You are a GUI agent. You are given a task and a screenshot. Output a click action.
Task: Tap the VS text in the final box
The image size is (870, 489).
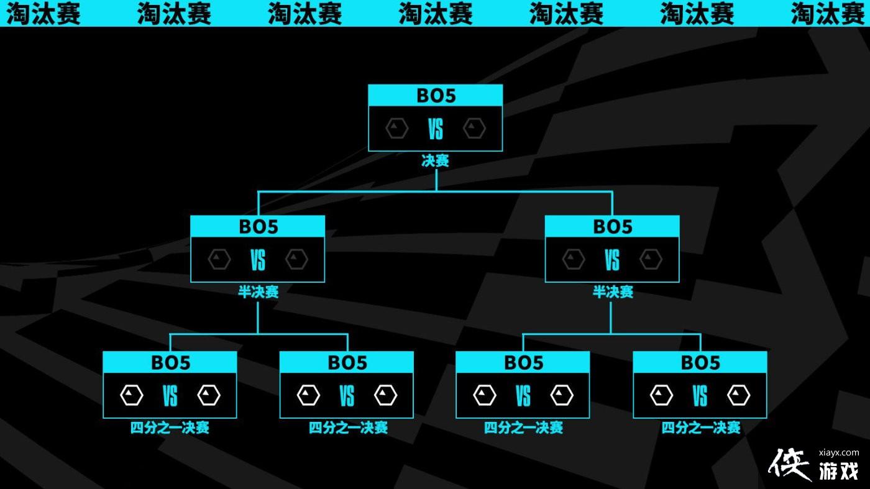pos(435,129)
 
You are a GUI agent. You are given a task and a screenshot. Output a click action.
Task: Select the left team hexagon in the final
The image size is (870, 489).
pos(396,129)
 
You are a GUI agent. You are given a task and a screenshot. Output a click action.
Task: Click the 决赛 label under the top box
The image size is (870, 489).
pos(435,161)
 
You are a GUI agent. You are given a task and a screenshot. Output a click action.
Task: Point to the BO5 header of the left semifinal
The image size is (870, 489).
pos(257,226)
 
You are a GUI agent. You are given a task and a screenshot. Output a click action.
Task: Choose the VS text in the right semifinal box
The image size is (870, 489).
pos(612,260)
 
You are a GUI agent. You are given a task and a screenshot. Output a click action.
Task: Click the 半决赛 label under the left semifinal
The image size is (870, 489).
pos(258,292)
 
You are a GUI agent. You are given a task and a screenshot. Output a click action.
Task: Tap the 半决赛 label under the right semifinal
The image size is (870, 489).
pos(613,292)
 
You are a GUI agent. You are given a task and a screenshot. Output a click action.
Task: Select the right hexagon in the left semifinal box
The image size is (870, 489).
pos(296,260)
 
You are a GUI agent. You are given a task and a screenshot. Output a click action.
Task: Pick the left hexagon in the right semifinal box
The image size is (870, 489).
pos(574,260)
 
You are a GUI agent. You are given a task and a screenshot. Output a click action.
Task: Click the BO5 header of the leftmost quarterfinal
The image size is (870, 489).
pos(170,362)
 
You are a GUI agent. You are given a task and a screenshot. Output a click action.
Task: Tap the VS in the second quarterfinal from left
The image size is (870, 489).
pos(346,395)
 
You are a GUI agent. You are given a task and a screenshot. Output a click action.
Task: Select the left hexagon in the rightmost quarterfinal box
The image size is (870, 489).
pos(661,395)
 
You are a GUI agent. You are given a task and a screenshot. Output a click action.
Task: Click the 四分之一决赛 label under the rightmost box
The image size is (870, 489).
pos(700,427)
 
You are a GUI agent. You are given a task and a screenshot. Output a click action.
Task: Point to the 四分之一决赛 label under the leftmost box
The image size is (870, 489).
pos(170,427)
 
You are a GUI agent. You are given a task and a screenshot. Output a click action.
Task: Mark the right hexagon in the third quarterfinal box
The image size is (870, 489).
pos(562,395)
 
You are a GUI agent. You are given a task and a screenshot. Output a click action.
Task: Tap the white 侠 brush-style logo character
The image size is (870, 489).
pos(790,464)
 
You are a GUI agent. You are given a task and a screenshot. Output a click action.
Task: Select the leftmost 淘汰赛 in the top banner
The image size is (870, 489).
pos(43,13)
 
